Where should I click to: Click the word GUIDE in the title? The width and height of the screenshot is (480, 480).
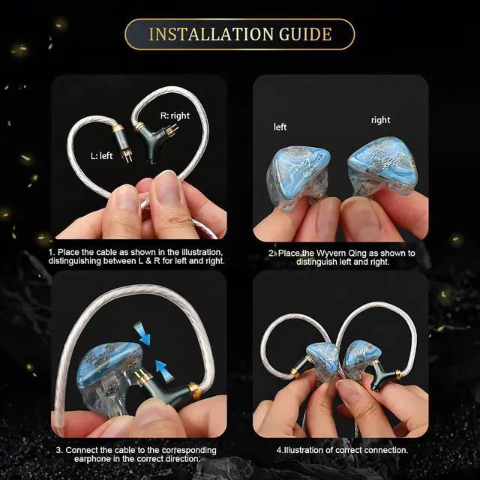pos(305,34)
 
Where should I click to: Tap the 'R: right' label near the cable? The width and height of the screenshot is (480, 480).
pos(175,115)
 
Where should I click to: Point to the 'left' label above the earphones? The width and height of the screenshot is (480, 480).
pos(280,127)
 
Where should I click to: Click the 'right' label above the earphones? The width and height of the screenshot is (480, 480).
pos(380,120)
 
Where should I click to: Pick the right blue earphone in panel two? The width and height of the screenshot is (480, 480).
pos(382,164)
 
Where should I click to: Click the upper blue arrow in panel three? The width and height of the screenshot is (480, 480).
pos(140,333)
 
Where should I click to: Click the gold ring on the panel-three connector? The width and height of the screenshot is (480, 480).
pos(194,391)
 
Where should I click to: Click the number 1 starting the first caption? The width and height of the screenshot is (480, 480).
pos(50,253)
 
